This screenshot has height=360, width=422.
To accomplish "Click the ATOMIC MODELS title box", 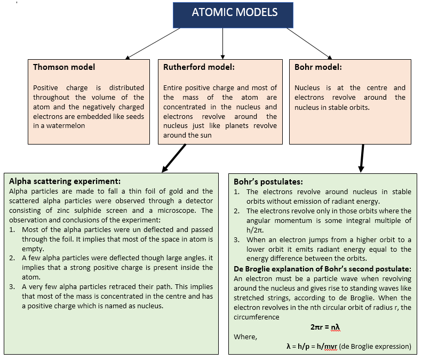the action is (x=233, y=15).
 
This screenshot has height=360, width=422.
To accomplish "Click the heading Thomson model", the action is (x=64, y=67).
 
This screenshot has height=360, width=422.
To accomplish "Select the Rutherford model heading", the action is (x=199, y=67).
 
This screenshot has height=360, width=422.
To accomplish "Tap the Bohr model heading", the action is (x=318, y=67).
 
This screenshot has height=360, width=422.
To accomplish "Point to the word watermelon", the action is (x=66, y=126).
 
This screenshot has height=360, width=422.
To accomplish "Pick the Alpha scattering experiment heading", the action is (x=65, y=181).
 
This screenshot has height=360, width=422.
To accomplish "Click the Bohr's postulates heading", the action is (x=268, y=182).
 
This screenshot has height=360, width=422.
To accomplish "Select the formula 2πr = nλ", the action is (x=325, y=327).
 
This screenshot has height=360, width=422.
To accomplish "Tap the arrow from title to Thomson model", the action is (x=153, y=43).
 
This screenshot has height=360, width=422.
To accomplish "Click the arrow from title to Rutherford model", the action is (x=222, y=43).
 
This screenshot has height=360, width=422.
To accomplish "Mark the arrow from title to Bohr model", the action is (x=309, y=43).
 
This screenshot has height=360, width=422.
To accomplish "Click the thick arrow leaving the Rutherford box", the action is (x=174, y=158).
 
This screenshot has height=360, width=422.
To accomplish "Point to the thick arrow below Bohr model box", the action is (x=362, y=158).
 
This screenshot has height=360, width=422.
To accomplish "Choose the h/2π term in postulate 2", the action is (x=255, y=230).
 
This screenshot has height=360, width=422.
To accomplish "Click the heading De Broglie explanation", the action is (x=322, y=269).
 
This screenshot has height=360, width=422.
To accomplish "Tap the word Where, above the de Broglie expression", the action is (x=245, y=337).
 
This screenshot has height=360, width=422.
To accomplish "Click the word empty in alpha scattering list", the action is (x=33, y=249).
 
